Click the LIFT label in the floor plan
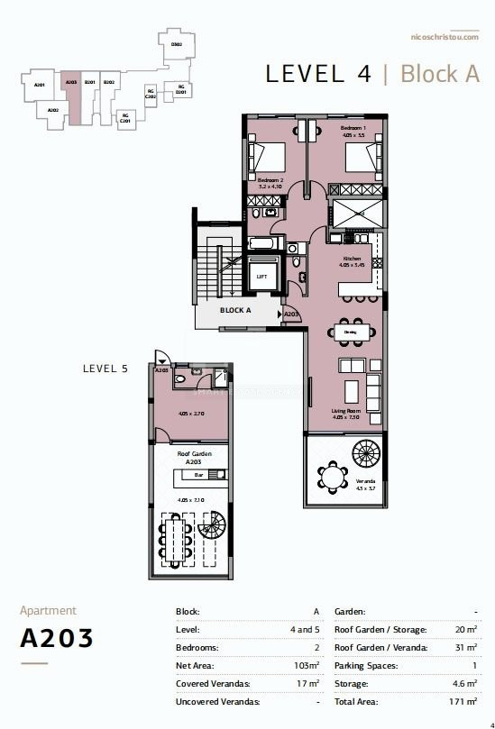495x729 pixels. (x=261, y=277)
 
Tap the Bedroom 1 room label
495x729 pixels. (x=352, y=129)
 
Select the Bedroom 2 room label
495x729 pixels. (x=270, y=180)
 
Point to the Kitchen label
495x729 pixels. (x=352, y=259)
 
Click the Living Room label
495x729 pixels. (x=345, y=411)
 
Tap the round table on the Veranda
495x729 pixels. (x=335, y=477)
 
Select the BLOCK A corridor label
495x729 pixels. (x=235, y=309)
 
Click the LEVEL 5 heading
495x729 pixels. (x=105, y=368)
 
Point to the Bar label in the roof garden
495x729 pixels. (x=186, y=474)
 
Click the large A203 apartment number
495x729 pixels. (x=57, y=638)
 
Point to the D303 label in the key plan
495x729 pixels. (x=177, y=43)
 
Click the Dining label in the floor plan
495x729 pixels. (x=351, y=332)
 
